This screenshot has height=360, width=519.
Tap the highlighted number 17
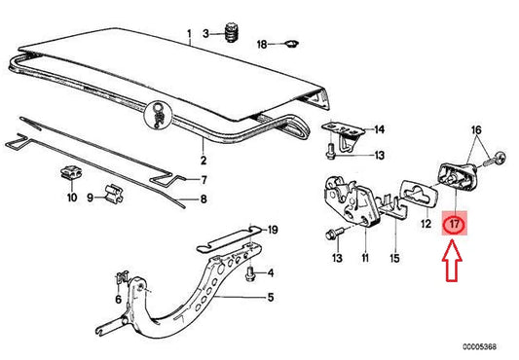point(453,225)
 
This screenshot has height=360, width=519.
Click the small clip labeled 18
point(291,44)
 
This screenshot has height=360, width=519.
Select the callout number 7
point(203,180)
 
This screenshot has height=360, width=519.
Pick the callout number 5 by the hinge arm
point(272,297)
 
